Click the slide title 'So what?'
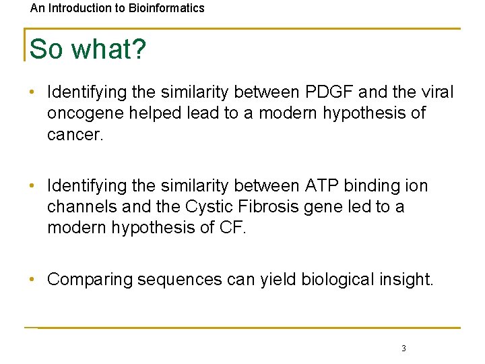coord(88,50)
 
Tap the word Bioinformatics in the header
coord(168,9)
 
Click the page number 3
coord(403,348)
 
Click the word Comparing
coord(90,279)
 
